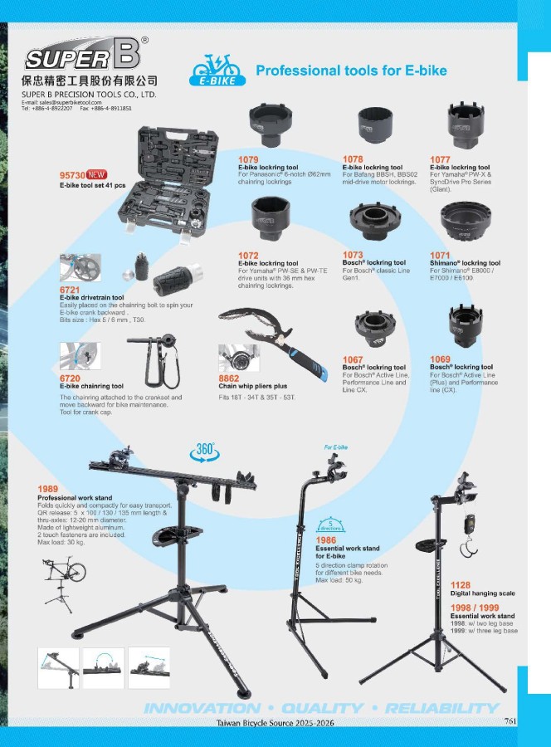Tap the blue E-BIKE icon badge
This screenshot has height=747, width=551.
(x=217, y=71)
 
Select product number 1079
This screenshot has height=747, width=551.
(x=248, y=159)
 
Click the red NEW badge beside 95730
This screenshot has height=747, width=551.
(x=97, y=175)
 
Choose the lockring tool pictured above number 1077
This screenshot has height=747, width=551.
(x=466, y=126)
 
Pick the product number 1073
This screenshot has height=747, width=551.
(x=353, y=255)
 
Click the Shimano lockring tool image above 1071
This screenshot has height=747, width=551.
(x=466, y=221)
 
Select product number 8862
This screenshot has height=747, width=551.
(x=228, y=378)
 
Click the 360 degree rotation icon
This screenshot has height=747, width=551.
(x=205, y=452)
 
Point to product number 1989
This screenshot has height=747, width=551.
(x=47, y=489)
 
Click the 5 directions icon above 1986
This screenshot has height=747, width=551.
(x=330, y=525)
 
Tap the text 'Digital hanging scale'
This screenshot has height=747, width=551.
(x=482, y=593)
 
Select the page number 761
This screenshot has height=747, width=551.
(x=510, y=720)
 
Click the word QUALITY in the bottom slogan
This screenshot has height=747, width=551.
(x=323, y=709)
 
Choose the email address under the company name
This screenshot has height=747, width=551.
(x=61, y=102)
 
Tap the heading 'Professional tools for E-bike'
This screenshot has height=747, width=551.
(x=352, y=71)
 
